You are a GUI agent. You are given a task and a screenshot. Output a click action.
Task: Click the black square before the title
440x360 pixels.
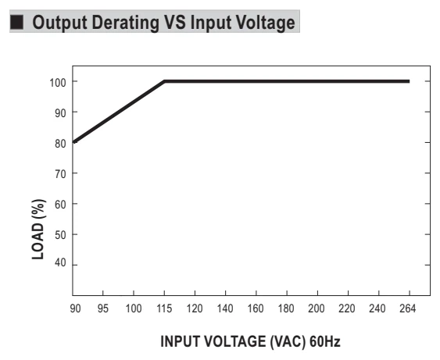(17, 22)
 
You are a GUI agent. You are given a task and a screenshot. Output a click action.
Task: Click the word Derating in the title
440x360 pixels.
(125, 23)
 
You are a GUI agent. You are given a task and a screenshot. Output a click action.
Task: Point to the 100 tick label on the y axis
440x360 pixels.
(58, 83)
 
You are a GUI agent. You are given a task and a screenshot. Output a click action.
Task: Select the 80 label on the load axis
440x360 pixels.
(60, 144)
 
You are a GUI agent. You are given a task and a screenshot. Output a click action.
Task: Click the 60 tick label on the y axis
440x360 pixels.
(60, 205)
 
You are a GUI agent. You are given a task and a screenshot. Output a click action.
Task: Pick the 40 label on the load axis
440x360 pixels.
(60, 262)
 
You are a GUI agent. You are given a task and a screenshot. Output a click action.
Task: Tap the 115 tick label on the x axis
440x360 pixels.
(164, 308)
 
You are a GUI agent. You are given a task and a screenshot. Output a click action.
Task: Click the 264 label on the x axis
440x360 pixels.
(407, 308)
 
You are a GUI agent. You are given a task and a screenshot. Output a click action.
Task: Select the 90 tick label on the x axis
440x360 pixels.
(75, 308)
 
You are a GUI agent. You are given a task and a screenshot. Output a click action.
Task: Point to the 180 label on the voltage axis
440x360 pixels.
(286, 308)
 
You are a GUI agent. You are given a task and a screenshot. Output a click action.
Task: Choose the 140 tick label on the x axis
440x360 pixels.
(225, 308)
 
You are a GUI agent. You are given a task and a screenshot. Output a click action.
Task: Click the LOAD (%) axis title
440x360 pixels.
(38, 230)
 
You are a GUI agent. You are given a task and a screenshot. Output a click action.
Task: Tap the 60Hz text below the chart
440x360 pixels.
(325, 341)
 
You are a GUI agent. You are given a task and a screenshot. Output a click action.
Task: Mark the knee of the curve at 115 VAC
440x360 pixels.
(164, 81)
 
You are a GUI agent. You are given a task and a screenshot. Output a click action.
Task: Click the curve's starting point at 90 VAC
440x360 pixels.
(74, 142)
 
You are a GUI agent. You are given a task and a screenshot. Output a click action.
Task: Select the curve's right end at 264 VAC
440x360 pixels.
(410, 81)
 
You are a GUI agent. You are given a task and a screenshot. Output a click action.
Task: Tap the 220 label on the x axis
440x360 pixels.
(347, 308)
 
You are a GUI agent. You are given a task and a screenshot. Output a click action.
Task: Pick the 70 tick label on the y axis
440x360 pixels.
(60, 174)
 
